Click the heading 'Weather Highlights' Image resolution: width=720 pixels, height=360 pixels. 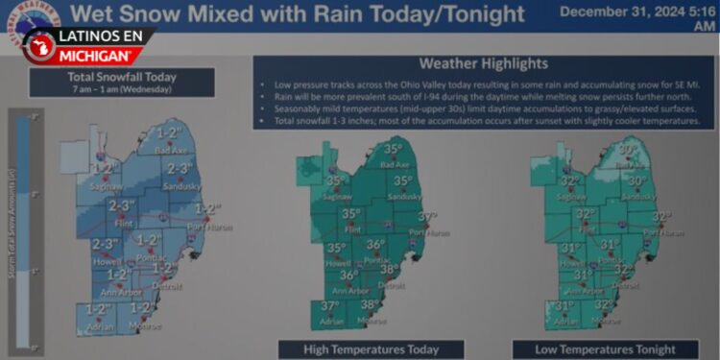coord(485,64)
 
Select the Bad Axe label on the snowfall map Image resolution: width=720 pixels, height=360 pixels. coord(170,150)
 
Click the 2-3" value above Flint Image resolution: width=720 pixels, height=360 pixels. coord(122,205)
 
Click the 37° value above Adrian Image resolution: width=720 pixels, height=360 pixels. coord(330,307)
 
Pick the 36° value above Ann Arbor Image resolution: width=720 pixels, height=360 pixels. coord(348,275)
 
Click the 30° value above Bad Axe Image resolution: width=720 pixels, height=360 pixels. coord(628,150)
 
